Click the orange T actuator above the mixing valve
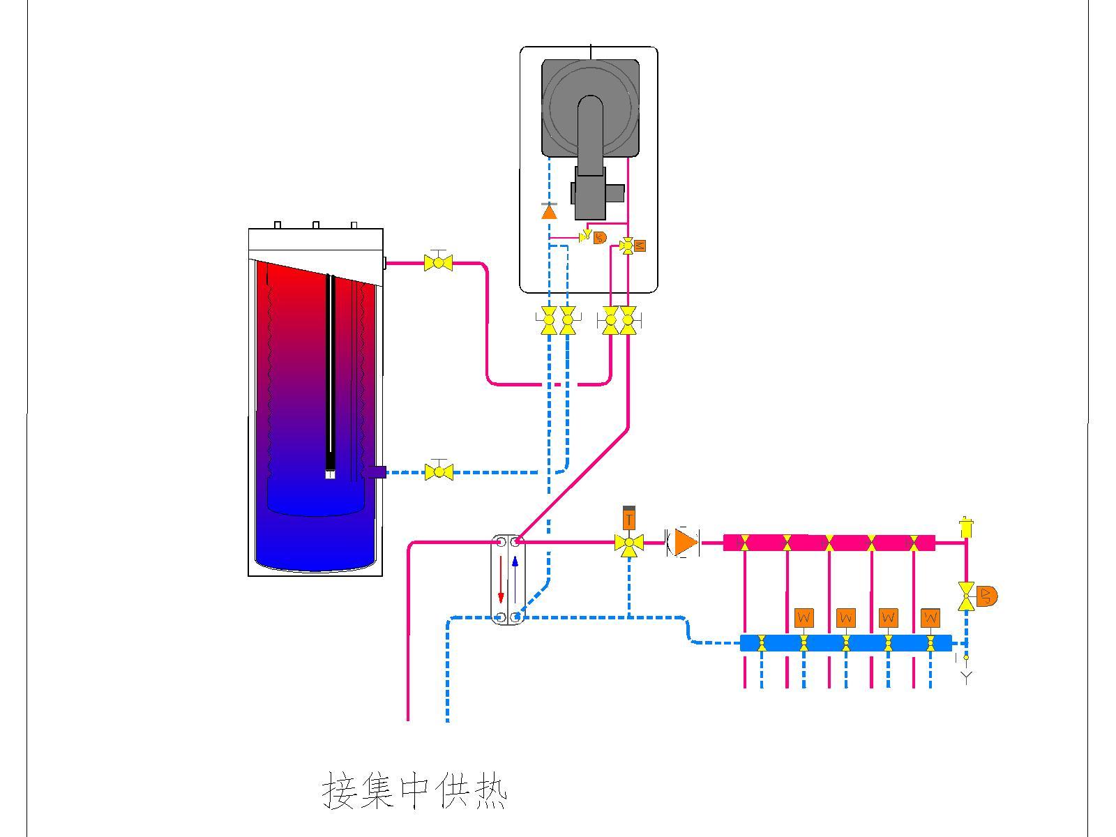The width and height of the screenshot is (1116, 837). tap(629, 520)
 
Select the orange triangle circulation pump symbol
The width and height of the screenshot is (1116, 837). tap(685, 542)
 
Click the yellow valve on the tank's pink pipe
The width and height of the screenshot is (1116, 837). tap(438, 263)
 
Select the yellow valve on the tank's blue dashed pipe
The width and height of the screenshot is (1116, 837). tap(439, 472)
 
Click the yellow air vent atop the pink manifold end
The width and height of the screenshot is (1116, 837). tap(966, 527)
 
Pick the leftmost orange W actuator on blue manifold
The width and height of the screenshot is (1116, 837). tap(804, 618)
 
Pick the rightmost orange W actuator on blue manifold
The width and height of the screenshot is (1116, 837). tap(930, 618)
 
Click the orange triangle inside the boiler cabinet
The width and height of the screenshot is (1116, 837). tap(550, 211)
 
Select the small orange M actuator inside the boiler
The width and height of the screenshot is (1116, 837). tap(640, 246)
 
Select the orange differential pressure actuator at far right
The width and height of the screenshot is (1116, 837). tap(987, 596)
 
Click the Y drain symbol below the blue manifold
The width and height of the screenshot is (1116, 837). tap(966, 676)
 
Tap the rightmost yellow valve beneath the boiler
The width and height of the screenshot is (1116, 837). tap(628, 321)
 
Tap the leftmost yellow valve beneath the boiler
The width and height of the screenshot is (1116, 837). tap(549, 321)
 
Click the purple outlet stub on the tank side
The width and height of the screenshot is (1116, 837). tap(375, 472)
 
